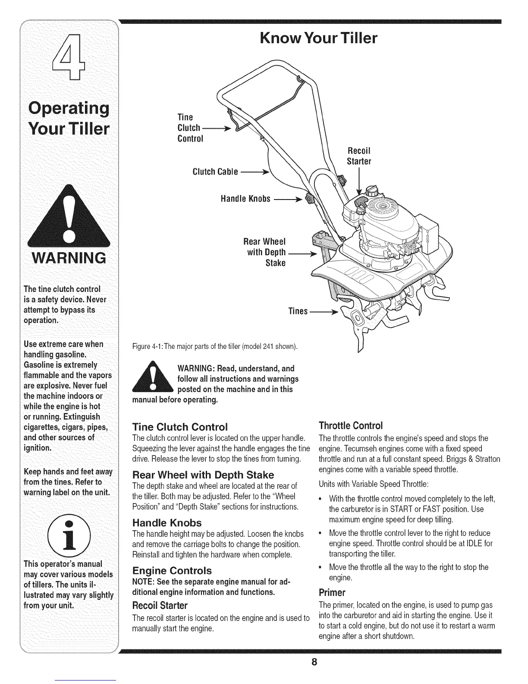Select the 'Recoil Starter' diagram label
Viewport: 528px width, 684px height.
(359, 156)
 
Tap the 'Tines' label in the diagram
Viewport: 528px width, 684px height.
(298, 311)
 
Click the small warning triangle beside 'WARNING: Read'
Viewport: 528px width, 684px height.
(153, 380)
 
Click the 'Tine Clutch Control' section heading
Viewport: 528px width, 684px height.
(179, 427)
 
